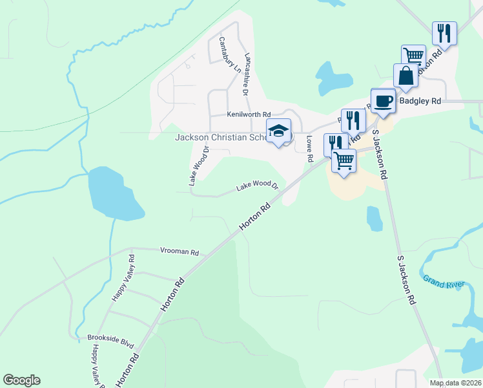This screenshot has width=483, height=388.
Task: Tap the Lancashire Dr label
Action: click(x=245, y=74)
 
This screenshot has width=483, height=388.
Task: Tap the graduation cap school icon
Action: click(x=279, y=131)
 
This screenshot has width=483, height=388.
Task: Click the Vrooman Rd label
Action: click(x=180, y=252)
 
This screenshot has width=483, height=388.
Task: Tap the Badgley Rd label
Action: click(x=420, y=102)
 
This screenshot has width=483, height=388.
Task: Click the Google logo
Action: click(x=21, y=380)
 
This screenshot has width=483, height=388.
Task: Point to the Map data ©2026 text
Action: click(x=455, y=383)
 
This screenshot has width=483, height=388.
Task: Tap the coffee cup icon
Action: click(x=383, y=100)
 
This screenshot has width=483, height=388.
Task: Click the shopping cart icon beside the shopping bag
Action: click(x=413, y=56)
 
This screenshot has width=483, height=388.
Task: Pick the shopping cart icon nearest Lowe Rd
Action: click(x=344, y=160)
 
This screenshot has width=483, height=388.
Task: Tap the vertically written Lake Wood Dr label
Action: click(x=200, y=166)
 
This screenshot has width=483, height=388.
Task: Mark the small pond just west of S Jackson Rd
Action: click(x=375, y=218)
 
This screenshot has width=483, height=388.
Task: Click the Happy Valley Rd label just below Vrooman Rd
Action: click(x=125, y=277)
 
